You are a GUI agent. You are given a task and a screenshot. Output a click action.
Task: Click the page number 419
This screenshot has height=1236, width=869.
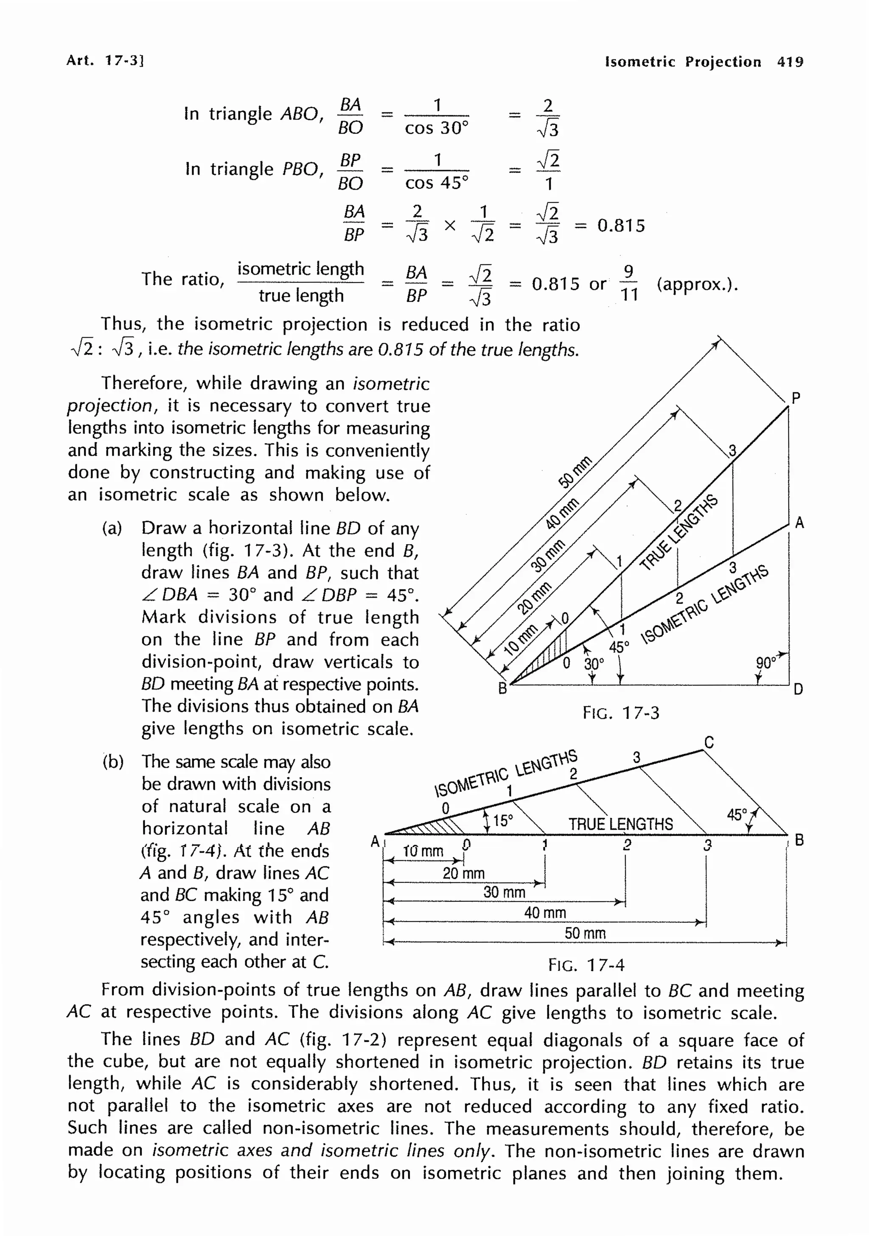tap(789, 62)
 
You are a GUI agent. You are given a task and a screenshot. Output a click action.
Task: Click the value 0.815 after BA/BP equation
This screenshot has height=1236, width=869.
tap(621, 225)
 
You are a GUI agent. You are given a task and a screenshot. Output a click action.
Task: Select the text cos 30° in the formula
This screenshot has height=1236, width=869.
tap(437, 128)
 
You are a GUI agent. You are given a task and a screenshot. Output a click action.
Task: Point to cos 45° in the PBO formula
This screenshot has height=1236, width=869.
tap(437, 183)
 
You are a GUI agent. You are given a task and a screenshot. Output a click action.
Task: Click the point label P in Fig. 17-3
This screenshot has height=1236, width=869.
tap(796, 398)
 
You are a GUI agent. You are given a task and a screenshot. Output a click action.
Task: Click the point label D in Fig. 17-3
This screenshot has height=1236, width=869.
tap(798, 689)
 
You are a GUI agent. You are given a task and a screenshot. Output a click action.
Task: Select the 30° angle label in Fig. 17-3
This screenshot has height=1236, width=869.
tap(594, 664)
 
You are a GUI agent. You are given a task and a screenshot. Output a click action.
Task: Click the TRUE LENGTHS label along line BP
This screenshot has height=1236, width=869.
tap(679, 532)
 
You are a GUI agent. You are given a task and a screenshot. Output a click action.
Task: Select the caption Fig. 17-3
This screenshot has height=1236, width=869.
tap(620, 713)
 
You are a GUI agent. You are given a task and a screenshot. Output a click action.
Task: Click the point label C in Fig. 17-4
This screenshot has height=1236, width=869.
tap(709, 742)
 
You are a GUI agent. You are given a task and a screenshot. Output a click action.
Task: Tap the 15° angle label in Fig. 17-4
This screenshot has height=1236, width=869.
tap(503, 820)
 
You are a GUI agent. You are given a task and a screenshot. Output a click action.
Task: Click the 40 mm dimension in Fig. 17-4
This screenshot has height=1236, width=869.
tap(545, 912)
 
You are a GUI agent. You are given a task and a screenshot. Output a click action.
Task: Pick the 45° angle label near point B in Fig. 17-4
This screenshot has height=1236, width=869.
tap(737, 814)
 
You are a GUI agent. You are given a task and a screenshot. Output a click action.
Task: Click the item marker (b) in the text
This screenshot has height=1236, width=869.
tap(113, 762)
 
